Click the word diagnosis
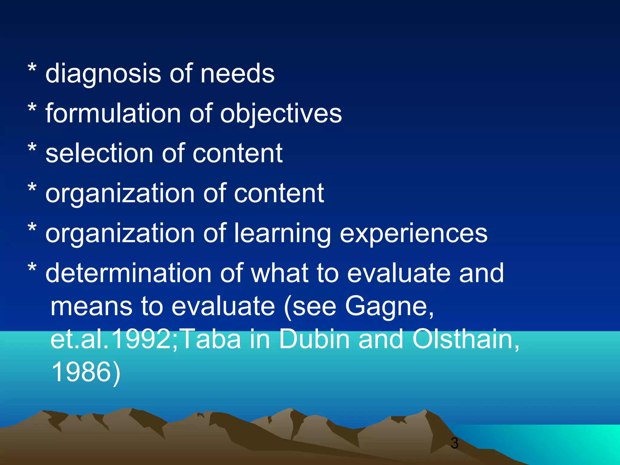pos(103,74)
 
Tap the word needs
pos(237,74)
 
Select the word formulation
pos(113,113)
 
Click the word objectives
pos(281,114)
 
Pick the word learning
pos(283,233)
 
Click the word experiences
pos(414,233)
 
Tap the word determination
pos(128,273)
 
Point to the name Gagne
pos(389,306)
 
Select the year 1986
pos(81,372)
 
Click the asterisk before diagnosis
pos(32,69)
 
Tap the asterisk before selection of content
pos(32,149)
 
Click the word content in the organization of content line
pos(279,193)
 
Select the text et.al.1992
pos(111,339)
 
